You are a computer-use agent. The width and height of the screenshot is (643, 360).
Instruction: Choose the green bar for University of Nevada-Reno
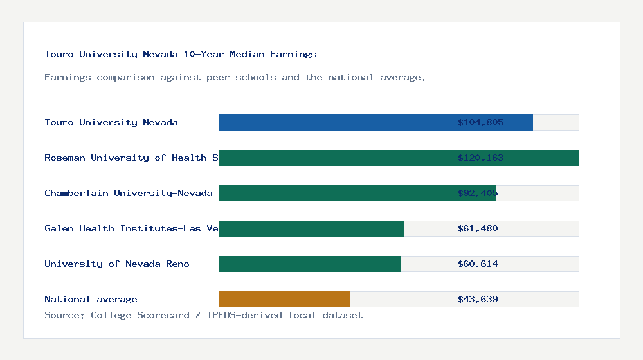[x=309, y=264]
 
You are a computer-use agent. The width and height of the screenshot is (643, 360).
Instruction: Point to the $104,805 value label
[x=480, y=122]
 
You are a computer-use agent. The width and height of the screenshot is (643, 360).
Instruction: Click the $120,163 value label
[x=480, y=157]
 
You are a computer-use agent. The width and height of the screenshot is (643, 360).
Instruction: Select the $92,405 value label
[x=478, y=193]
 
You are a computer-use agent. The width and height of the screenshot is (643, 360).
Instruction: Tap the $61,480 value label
[x=478, y=228]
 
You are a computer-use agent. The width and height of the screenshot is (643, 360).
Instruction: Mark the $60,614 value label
[x=478, y=264]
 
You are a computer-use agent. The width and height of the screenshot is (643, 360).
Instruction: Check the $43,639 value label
[x=478, y=299]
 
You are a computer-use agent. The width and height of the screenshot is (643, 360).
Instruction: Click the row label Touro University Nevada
[x=111, y=122]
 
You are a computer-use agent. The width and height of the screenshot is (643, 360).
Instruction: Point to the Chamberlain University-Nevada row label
[x=129, y=193]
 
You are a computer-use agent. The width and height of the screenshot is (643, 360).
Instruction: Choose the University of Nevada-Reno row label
[x=117, y=264]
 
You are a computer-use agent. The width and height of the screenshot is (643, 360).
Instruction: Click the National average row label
[x=91, y=299]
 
